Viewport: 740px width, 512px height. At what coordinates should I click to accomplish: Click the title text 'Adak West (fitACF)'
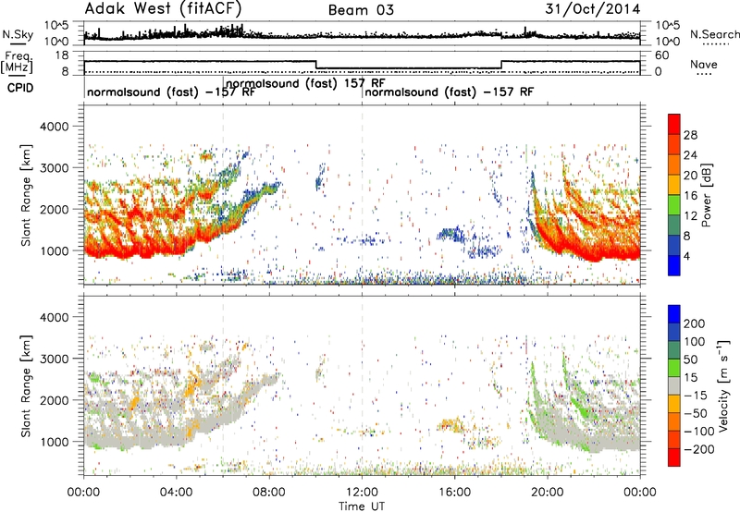164,8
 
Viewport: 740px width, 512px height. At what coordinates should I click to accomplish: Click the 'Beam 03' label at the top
361,10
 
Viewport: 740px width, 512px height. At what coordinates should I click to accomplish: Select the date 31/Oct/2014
593,9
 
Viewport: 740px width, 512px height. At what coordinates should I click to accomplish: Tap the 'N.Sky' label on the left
18,34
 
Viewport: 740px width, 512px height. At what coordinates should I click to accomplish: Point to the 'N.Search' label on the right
714,34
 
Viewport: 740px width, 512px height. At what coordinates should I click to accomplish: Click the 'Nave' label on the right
704,64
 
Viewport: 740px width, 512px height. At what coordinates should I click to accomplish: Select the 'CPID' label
20,88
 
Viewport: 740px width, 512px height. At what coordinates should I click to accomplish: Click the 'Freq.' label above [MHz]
18,56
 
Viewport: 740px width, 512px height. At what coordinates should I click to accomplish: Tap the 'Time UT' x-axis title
362,506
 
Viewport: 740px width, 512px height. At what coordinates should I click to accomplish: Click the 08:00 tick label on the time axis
269,493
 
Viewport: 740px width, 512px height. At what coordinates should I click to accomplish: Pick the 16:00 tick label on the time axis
454,493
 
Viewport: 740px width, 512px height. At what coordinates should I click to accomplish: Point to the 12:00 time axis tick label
362,493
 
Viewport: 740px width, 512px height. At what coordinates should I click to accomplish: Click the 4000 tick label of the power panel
55,127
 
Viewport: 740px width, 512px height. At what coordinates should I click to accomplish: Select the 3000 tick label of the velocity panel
55,359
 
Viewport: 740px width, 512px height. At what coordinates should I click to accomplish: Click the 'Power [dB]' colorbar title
706,195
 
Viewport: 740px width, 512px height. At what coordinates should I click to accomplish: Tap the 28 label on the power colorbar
690,135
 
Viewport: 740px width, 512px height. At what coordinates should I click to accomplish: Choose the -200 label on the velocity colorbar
699,449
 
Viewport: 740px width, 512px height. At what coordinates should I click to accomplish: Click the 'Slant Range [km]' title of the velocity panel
26,386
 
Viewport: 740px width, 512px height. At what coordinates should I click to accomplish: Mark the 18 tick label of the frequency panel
62,55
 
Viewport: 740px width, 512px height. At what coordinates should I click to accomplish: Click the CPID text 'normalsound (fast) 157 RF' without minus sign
305,83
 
